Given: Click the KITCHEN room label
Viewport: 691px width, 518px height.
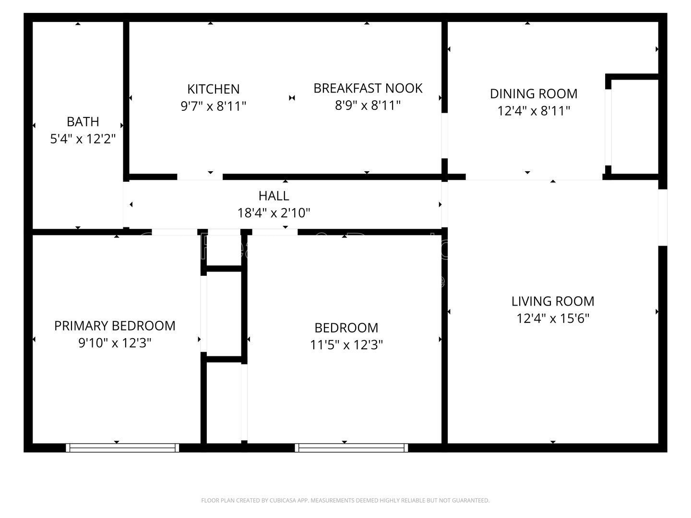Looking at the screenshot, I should [213, 89].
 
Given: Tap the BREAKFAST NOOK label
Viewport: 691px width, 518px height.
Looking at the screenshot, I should [368, 88].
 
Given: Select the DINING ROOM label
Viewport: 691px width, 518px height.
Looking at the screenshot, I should [533, 94].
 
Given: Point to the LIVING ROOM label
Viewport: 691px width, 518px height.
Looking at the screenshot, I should [552, 301].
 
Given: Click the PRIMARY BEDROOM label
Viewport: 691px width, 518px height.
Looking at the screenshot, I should [115, 326].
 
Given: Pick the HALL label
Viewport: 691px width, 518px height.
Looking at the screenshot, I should [274, 196].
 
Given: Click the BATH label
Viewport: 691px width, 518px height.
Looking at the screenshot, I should [83, 122].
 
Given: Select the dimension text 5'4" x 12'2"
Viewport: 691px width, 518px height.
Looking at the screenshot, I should [83, 139].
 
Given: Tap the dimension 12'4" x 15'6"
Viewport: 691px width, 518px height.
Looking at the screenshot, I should [552, 318].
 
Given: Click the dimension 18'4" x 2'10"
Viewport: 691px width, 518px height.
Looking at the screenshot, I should [274, 213].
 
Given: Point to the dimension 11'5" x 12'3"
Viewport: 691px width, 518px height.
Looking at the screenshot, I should [346, 345].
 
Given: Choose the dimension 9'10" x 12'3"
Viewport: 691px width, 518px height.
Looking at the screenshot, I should [115, 343].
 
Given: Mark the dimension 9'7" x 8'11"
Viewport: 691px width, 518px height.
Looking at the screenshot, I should [213, 106].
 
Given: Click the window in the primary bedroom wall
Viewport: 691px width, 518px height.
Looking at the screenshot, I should [122, 447].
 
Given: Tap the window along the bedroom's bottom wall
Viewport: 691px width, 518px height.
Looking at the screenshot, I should [351, 447].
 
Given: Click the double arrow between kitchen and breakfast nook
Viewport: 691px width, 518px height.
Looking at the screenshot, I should [292, 98].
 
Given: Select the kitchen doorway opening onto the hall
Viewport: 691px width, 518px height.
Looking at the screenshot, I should [200, 177].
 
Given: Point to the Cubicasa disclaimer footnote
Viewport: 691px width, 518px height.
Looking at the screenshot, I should [345, 500].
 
